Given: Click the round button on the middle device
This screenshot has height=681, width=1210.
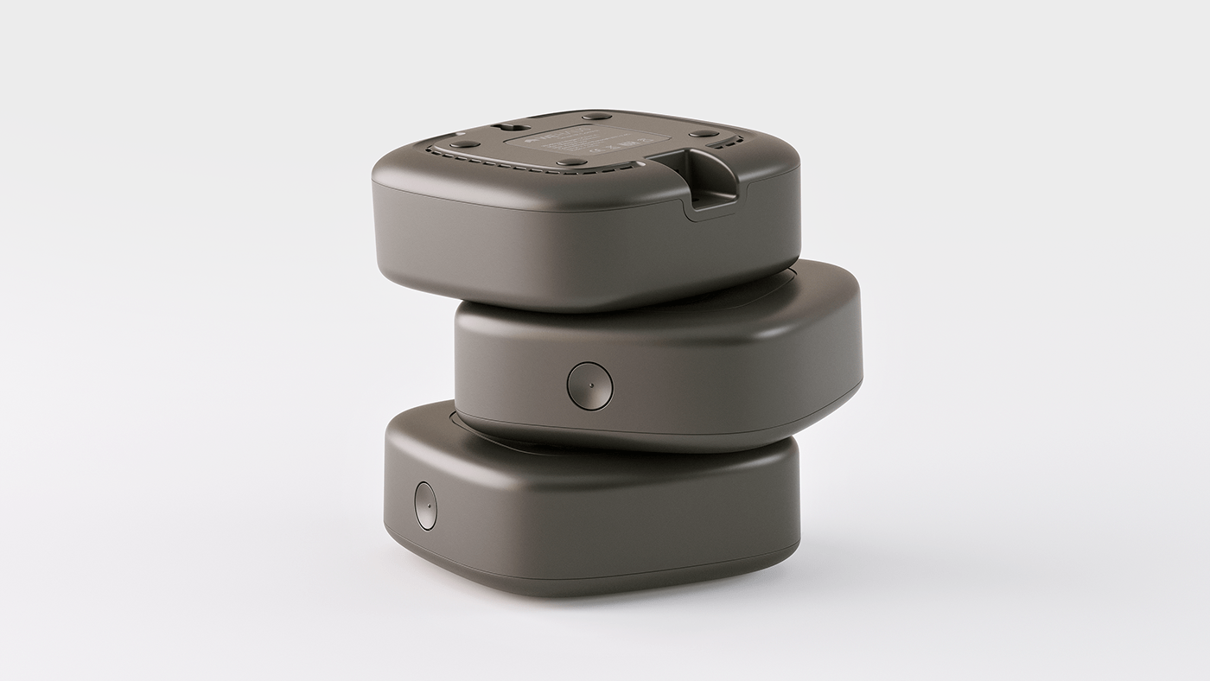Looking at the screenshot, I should tap(589, 385).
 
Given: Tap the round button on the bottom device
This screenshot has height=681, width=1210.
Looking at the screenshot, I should tap(425, 506).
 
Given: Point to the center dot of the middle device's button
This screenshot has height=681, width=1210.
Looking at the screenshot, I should tap(589, 385).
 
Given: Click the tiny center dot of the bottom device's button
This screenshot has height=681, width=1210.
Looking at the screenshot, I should tap(425, 506).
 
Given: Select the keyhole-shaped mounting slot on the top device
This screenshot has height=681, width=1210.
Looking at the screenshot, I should tap(501, 128).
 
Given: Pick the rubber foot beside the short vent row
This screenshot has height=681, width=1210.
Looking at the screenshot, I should tap(704, 134).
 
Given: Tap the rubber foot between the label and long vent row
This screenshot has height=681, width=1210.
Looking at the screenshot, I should tap(571, 162).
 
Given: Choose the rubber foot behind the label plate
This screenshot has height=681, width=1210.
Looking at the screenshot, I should tap(596, 116).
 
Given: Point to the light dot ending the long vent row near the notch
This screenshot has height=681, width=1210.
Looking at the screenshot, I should tap(641, 162).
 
